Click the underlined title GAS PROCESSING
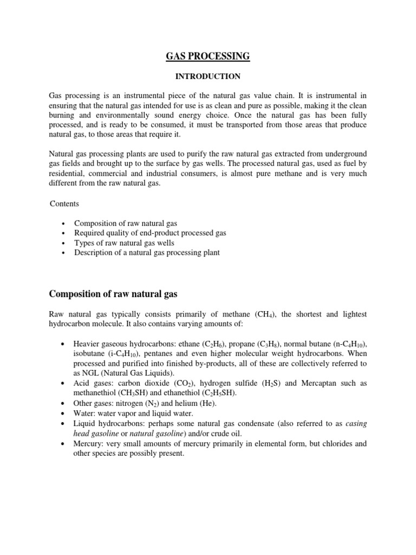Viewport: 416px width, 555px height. coord(207,56)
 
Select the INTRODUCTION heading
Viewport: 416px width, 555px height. coord(207,76)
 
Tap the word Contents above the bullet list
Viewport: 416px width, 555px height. coord(64,204)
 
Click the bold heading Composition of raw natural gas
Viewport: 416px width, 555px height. coord(113,294)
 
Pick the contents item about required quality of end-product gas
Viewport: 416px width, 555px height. coord(150,233)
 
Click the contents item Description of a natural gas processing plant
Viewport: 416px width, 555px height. coord(147,253)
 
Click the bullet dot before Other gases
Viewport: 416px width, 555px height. coord(64,403)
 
